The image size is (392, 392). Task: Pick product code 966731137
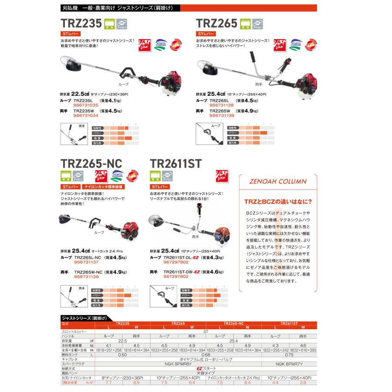(87, 263)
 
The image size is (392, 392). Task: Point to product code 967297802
(175, 276)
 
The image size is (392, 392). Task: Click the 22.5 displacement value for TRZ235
(81, 94)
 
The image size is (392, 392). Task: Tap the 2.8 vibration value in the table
(303, 382)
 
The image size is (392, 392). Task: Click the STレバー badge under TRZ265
(206, 33)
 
